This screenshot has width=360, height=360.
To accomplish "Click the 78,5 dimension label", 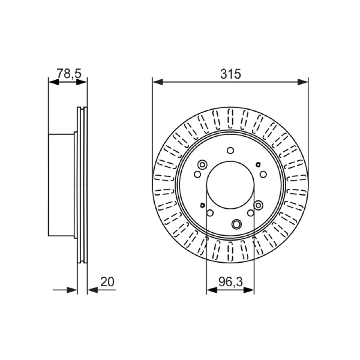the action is tap(69, 73).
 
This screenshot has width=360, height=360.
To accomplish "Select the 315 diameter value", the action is tap(230, 74).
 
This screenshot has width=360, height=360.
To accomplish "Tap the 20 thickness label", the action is tap(107, 282).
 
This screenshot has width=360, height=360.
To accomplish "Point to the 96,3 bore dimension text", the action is tap(230, 282).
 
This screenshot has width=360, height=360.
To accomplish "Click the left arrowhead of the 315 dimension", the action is tap(157, 82).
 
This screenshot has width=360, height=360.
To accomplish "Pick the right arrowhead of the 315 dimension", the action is tap(303, 82).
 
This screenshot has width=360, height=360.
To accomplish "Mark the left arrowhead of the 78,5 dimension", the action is tap(54, 82).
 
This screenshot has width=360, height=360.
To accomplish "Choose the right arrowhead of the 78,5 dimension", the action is tap(82, 82).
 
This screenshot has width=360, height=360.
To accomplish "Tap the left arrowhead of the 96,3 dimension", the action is tap(211, 290).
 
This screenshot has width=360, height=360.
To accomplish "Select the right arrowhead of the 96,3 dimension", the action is tap(249, 290).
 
